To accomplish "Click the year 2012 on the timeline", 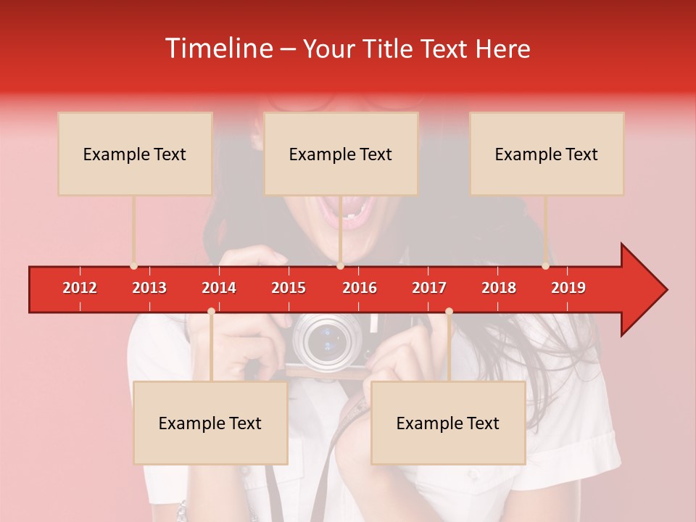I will [80, 288].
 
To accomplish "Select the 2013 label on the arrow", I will [149, 288].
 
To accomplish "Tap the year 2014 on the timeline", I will [219, 288].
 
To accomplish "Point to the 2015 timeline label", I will [289, 288].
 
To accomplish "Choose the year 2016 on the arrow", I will [360, 288].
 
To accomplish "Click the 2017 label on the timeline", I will [429, 288].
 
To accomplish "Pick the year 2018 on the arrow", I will [499, 288].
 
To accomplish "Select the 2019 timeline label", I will [568, 288].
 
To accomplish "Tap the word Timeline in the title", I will [217, 49].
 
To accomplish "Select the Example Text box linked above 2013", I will [135, 154].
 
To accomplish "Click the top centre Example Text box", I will [341, 154].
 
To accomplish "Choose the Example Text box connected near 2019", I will [547, 154].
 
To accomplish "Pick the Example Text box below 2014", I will [210, 423].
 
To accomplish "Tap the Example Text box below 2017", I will [448, 423].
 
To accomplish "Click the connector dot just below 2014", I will [211, 311].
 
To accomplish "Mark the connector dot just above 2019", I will [546, 266].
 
